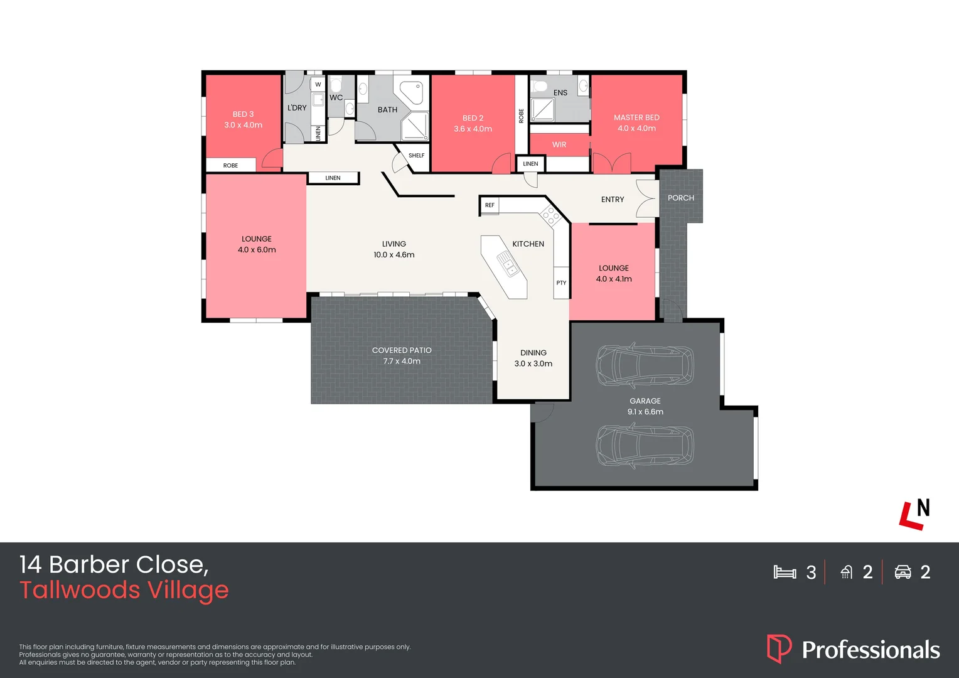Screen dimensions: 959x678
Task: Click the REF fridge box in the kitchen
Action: click(x=490, y=205)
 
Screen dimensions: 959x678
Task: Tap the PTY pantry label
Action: click(x=561, y=282)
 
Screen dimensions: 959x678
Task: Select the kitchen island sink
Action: click(x=508, y=264)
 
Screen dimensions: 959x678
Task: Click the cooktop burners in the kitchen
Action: click(x=550, y=215)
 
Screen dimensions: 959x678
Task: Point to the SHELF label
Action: click(x=416, y=156)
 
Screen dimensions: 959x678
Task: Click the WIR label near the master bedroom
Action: click(x=559, y=145)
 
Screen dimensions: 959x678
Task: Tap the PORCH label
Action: click(x=681, y=198)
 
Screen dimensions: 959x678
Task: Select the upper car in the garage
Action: click(x=645, y=365)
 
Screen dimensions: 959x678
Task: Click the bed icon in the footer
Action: click(x=785, y=572)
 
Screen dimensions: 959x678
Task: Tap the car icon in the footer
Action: click(x=903, y=572)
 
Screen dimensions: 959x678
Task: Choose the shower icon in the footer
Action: click(x=847, y=572)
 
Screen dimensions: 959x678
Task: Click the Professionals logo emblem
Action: click(x=779, y=648)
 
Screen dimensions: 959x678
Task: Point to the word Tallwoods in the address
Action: click(x=80, y=589)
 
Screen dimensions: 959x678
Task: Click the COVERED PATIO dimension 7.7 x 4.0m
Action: click(x=402, y=361)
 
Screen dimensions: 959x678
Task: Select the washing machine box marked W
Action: click(x=318, y=84)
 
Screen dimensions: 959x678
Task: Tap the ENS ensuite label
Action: click(x=560, y=92)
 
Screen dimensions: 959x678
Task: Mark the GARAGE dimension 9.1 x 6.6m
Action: click(x=645, y=412)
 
